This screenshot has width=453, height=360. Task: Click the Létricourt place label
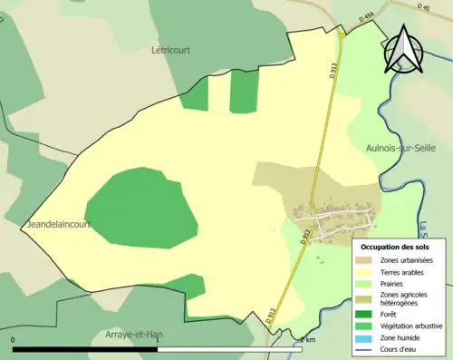[169, 52]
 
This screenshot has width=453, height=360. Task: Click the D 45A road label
[366, 16]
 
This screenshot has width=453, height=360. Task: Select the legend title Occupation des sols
[394, 247]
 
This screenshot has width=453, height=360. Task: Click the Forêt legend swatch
[368, 315]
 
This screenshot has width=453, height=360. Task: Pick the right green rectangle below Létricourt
[243, 91]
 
